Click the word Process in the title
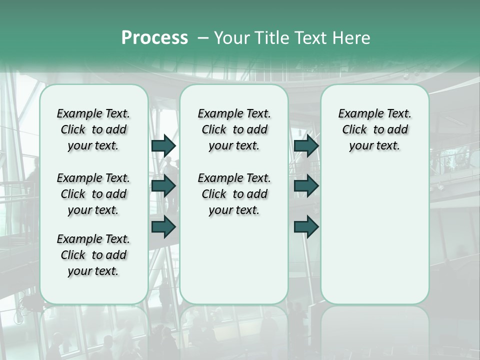(x=154, y=38)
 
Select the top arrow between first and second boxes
(x=163, y=145)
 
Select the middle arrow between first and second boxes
(x=163, y=186)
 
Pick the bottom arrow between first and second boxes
(x=163, y=226)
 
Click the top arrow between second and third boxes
(x=306, y=145)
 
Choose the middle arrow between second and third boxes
(x=306, y=186)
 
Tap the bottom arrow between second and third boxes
(x=306, y=226)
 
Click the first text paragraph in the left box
(x=93, y=129)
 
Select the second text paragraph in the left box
(x=93, y=194)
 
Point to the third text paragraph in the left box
(x=93, y=255)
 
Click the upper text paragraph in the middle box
(x=234, y=129)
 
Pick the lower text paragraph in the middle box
(x=234, y=194)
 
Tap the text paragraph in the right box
(x=374, y=129)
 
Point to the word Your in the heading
(x=232, y=38)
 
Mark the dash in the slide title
(x=203, y=38)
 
